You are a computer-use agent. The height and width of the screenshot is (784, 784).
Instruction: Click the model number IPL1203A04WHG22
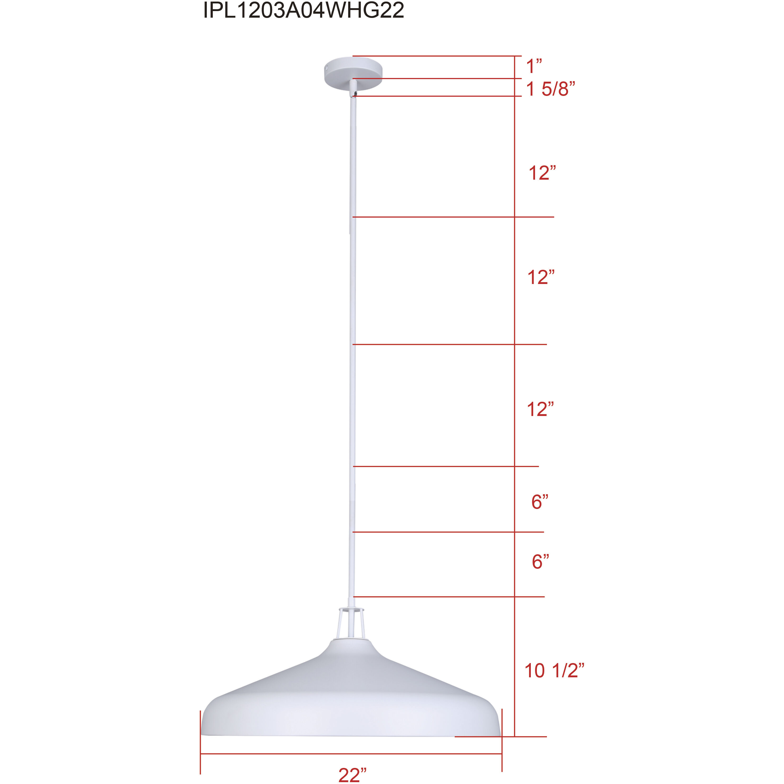(303, 11)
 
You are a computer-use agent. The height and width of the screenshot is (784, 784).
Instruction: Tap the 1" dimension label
(534, 66)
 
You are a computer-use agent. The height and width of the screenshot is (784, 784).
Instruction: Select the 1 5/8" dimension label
(551, 89)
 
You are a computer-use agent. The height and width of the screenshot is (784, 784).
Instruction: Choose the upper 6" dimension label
(540, 502)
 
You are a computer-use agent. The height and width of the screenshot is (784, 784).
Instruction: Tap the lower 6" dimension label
(540, 562)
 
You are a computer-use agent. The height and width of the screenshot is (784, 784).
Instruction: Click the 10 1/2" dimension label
(554, 671)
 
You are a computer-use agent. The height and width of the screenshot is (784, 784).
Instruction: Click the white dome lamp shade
(351, 698)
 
